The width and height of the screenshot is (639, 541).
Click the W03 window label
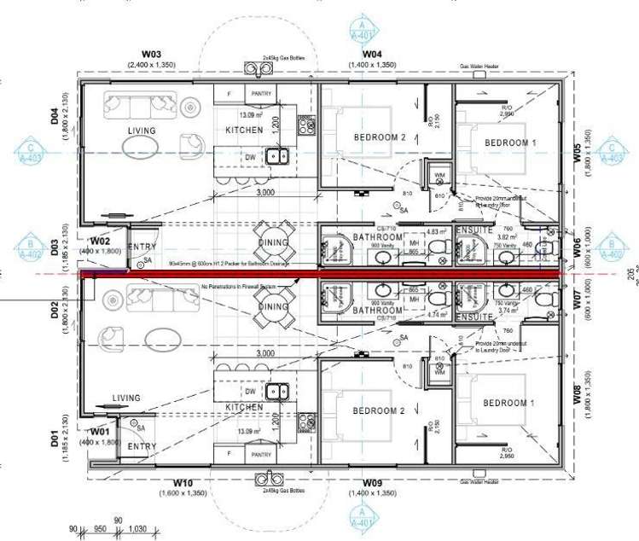(141, 53)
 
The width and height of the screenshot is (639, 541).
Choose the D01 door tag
(55, 440)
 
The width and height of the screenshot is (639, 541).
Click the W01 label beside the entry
(102, 433)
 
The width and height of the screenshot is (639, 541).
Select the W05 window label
(577, 152)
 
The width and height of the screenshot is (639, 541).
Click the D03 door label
(55, 248)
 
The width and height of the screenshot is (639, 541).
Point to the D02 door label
(55, 304)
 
